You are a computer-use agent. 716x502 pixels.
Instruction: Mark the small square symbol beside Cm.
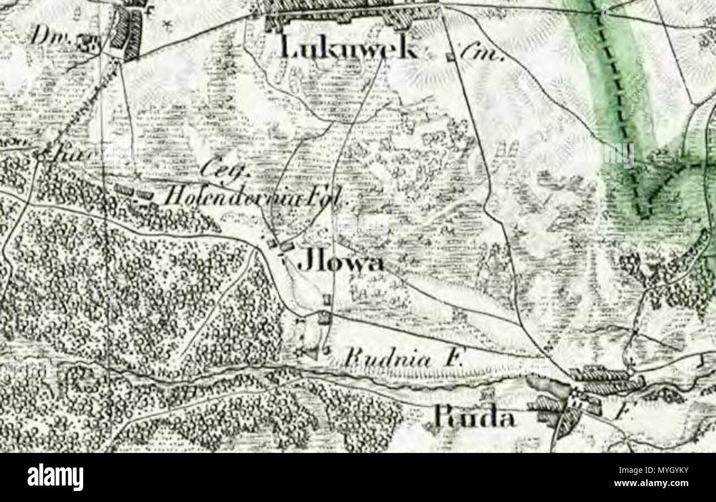coord(451,56)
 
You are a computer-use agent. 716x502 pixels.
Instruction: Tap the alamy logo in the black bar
coord(55,477)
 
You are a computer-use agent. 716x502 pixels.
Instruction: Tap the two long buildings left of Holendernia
coord(134,192)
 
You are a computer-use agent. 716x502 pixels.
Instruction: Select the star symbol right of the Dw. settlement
coord(167,24)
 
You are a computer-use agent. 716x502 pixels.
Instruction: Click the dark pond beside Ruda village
coord(543,385)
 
